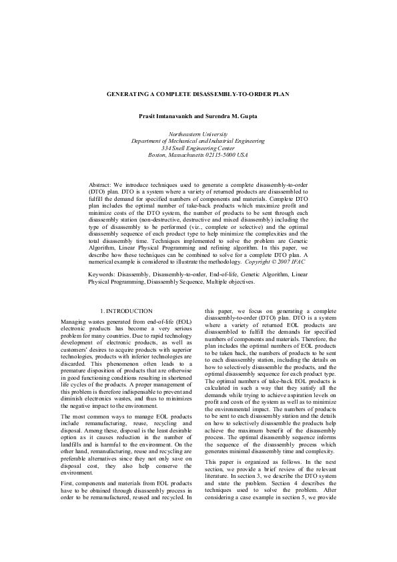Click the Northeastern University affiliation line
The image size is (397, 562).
(x=198, y=134)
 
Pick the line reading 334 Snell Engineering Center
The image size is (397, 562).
(x=198, y=148)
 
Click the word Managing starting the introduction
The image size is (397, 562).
(x=73, y=322)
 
